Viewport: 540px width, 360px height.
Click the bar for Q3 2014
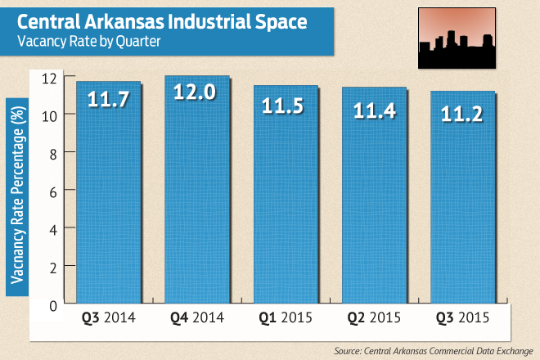109,196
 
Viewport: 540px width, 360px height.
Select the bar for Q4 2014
197,196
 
